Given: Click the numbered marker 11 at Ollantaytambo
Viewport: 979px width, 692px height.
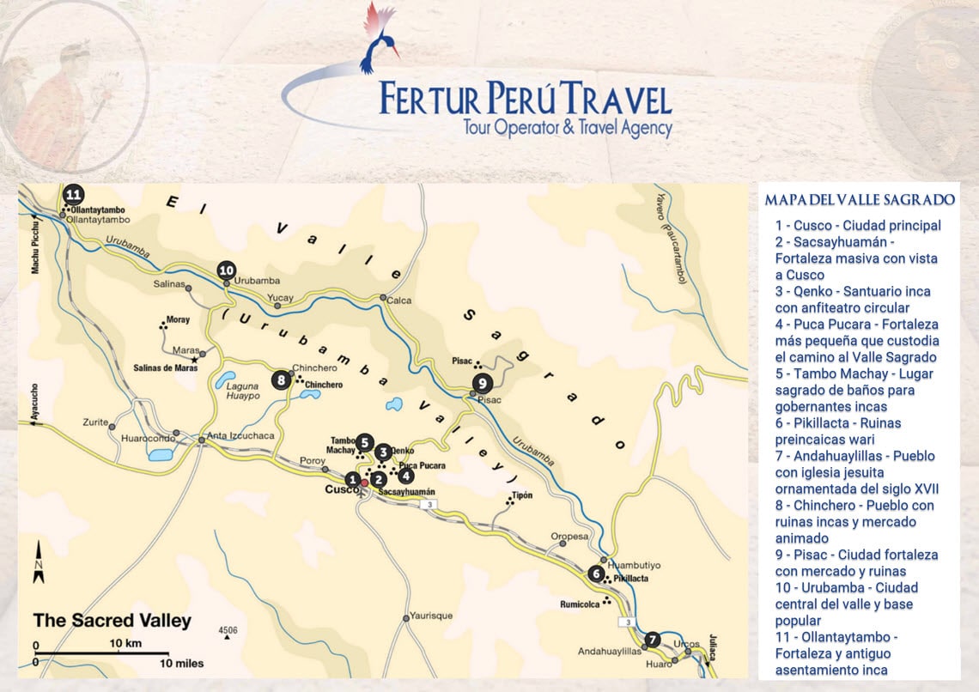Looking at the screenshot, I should pyautogui.click(x=73, y=193).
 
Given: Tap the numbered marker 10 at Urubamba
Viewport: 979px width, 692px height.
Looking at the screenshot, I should pyautogui.click(x=227, y=270).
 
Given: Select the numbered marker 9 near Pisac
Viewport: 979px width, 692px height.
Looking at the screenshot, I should pyautogui.click(x=483, y=383).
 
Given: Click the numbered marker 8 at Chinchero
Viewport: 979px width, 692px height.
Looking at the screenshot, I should pyautogui.click(x=281, y=379).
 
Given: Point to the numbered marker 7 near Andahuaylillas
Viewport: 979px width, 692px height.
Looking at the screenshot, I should pyautogui.click(x=652, y=640).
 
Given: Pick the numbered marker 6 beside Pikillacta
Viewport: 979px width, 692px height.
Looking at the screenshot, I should pyautogui.click(x=596, y=574).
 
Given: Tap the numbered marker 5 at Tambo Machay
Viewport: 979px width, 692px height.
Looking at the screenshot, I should pyautogui.click(x=365, y=442).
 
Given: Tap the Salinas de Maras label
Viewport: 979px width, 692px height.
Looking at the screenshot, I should pyautogui.click(x=161, y=368).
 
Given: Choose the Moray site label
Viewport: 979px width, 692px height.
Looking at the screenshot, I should pyautogui.click(x=178, y=319).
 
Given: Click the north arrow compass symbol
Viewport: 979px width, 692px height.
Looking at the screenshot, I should pyautogui.click(x=39, y=565).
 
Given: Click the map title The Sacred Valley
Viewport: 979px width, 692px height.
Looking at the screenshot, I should pyautogui.click(x=112, y=621).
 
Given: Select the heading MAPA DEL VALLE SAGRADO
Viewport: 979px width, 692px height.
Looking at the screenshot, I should pyautogui.click(x=859, y=200).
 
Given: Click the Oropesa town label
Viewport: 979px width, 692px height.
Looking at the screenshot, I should pyautogui.click(x=569, y=537).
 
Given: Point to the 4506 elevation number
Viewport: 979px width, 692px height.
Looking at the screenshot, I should pyautogui.click(x=228, y=631).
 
